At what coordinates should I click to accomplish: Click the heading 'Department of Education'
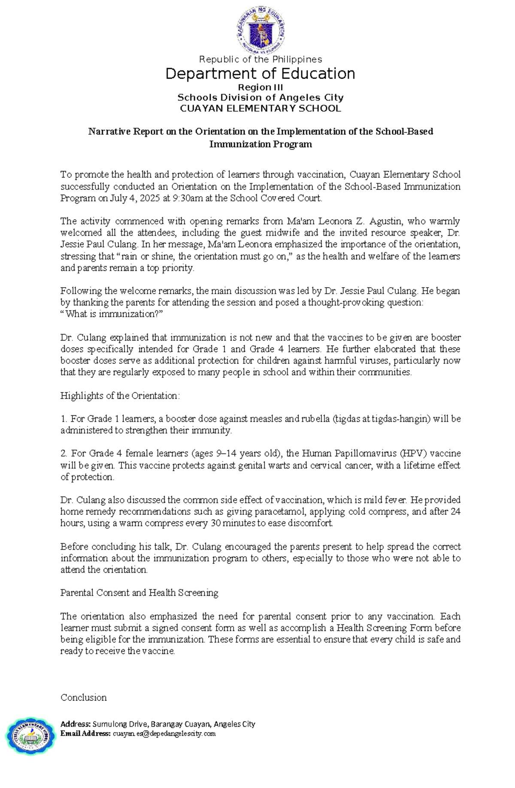pyautogui.click(x=260, y=74)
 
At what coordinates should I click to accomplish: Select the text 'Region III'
pyautogui.click(x=260, y=88)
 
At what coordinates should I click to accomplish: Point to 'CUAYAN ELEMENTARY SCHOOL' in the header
pyautogui.click(x=260, y=108)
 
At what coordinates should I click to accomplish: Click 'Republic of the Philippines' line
pyautogui.click(x=260, y=59)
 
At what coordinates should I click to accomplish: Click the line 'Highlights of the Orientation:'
pyautogui.click(x=120, y=396)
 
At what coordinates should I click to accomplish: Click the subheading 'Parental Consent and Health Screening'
pyautogui.click(x=139, y=593)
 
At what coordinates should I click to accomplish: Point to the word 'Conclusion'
pyautogui.click(x=84, y=697)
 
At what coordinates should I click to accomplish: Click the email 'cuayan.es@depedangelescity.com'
pyautogui.click(x=164, y=734)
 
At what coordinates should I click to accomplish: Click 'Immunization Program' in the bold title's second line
pyautogui.click(x=260, y=144)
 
